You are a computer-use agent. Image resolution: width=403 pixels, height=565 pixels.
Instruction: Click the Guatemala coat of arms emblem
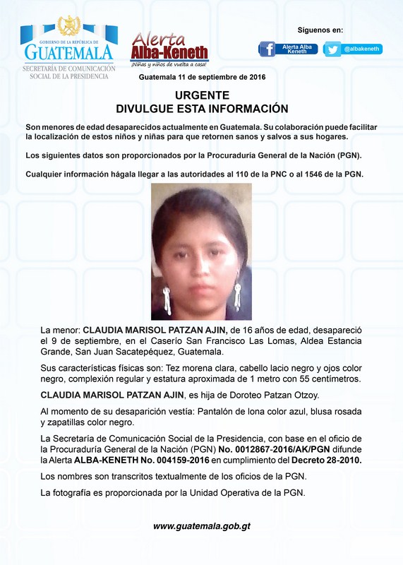(68, 26)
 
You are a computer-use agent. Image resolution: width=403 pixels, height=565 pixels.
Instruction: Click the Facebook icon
(267, 49)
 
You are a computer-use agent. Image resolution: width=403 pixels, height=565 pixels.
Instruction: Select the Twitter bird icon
(333, 49)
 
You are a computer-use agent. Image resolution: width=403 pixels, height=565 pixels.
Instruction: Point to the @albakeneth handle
(362, 49)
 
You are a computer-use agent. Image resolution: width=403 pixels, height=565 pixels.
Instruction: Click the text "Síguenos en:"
(320, 30)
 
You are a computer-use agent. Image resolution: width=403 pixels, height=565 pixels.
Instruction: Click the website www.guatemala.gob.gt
(202, 526)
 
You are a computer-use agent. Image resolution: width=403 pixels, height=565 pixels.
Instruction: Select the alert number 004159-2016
(205, 460)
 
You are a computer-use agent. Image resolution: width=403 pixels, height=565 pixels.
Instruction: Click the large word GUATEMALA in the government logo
(68, 52)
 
